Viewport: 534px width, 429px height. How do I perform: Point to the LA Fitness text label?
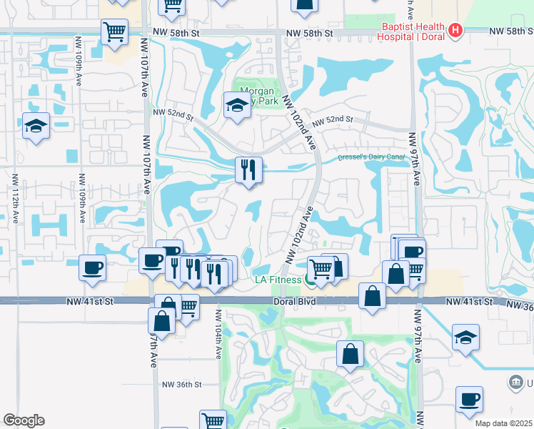tap(278, 280)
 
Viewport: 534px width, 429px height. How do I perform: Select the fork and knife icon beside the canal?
tap(248, 169)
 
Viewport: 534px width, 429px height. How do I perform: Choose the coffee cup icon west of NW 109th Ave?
tap(93, 268)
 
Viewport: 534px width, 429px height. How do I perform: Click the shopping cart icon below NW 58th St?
tap(114, 31)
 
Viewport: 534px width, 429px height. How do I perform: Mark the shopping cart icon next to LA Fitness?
tap(321, 269)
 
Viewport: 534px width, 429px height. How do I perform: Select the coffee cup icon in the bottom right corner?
tap(469, 399)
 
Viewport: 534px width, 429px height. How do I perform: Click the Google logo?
tap(23, 420)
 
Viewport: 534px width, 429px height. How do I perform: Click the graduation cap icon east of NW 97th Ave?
tap(465, 337)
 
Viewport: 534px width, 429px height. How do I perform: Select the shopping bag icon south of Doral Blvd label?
tap(350, 354)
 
